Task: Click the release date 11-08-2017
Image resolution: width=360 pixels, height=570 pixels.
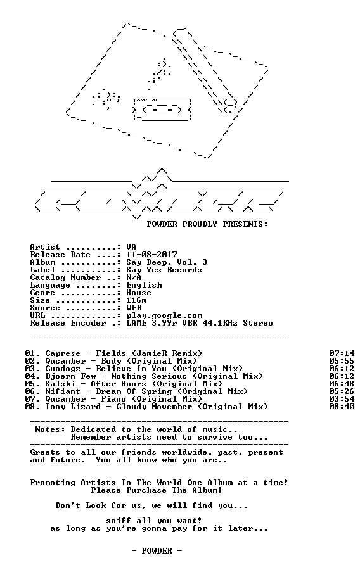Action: (151, 255)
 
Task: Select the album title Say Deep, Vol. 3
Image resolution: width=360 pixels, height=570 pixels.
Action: (167, 262)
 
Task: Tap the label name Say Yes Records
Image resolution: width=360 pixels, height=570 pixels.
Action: (164, 270)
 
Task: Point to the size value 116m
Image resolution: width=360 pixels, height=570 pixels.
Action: (137, 300)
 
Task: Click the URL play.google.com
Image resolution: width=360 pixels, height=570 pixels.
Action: (164, 316)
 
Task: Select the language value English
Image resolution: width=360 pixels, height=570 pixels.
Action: (145, 286)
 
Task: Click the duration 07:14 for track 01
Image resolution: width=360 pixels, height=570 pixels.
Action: (342, 353)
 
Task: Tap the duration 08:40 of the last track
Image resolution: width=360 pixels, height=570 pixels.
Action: (342, 407)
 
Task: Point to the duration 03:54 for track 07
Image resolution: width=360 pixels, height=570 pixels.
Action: (342, 399)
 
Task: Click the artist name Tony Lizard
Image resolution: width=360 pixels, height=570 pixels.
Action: (73, 407)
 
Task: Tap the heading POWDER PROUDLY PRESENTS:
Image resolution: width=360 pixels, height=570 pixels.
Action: (207, 224)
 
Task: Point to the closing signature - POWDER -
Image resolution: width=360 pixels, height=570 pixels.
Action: (157, 551)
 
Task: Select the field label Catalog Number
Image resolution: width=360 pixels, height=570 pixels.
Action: (65, 278)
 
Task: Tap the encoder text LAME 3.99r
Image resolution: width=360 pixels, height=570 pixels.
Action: (152, 323)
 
